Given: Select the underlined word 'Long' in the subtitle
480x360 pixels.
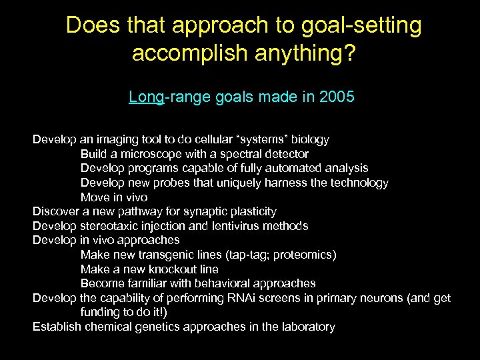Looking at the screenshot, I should click(x=146, y=97).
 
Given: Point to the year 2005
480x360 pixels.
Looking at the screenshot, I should click(x=337, y=97).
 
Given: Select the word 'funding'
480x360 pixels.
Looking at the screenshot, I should click(x=101, y=312).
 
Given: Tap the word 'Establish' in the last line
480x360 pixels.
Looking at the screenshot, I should click(x=57, y=327).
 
